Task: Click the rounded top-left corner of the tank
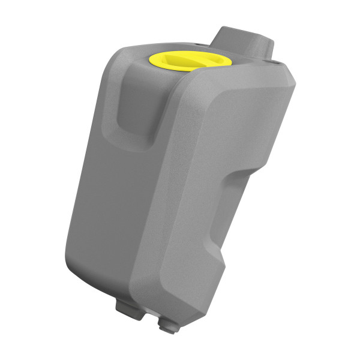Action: pos(120,60)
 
